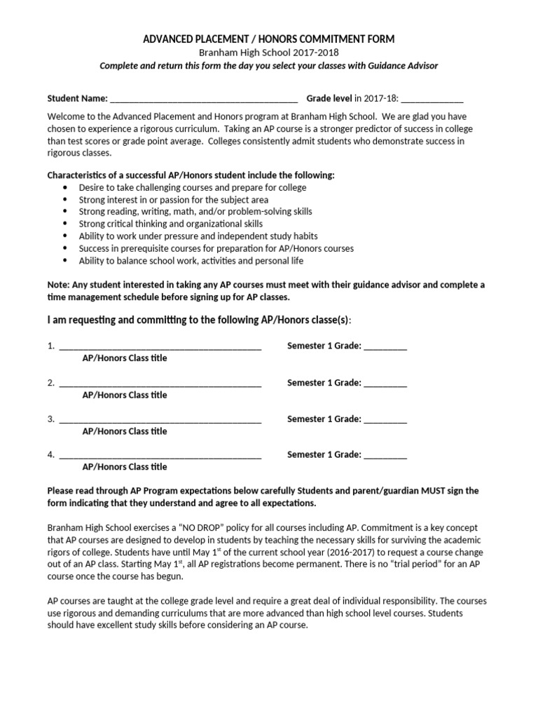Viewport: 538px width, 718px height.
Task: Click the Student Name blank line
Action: pos(204,99)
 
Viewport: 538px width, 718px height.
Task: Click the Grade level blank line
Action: pos(432,99)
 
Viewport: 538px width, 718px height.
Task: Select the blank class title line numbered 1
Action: pos(160,346)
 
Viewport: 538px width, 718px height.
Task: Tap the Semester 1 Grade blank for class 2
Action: pos(385,383)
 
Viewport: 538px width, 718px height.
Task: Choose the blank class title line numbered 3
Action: pos(160,419)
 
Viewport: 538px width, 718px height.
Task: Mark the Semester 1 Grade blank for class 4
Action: pos(385,456)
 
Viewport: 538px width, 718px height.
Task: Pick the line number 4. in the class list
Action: pos(51,455)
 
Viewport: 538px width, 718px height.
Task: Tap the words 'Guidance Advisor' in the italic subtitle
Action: pos(404,66)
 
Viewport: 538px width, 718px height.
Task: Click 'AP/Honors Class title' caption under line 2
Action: pos(125,395)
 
